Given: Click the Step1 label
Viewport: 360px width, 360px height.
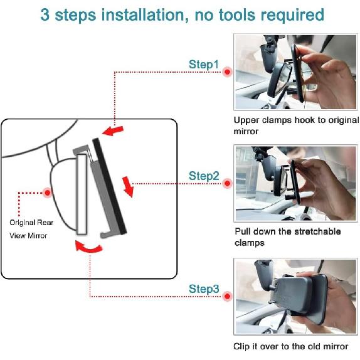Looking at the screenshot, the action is point(204,65).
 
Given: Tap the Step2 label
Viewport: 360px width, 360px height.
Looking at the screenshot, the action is point(204,176).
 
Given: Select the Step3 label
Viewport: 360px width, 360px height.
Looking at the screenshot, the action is point(204,289).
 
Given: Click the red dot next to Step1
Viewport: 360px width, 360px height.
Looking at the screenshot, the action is point(227,72).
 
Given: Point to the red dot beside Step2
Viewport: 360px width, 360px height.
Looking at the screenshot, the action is point(227,183).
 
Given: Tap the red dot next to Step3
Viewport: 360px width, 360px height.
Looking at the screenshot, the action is point(227,296).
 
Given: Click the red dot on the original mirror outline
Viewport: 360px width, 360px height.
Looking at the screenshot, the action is point(48,193).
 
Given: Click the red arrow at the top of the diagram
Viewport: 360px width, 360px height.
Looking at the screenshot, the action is point(113,131).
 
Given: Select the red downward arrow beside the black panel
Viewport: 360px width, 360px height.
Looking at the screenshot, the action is point(128,187).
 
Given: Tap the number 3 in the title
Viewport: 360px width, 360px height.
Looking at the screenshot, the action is point(45,15).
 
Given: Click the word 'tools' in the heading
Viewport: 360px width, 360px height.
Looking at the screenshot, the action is point(237,15).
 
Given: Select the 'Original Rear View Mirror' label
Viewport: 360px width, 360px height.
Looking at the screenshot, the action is point(31,229).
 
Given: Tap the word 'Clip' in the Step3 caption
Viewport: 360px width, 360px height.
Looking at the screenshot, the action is point(241,346).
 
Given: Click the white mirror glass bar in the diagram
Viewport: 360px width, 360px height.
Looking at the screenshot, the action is point(82,194).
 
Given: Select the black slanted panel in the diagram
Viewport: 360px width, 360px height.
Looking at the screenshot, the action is point(110,186).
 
